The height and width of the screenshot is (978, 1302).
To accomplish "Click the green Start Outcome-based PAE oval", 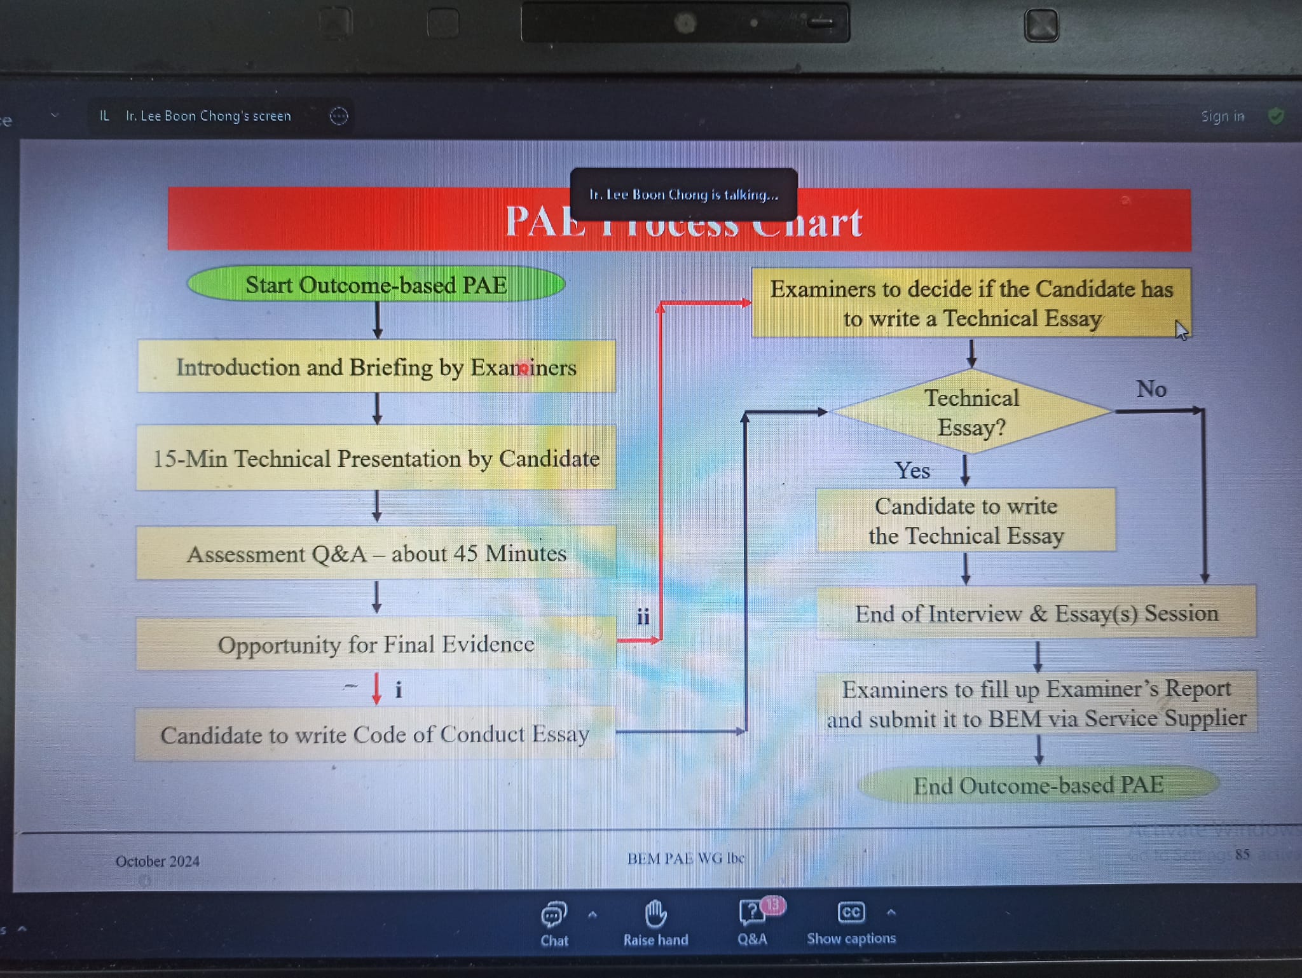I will [x=376, y=284].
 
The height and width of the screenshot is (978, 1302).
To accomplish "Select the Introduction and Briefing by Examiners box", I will [x=376, y=367].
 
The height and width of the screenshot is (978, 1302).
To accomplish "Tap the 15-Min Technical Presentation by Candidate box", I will [x=376, y=458].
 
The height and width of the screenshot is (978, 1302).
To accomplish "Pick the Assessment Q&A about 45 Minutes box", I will [x=376, y=553].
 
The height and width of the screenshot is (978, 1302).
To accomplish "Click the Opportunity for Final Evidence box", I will [x=376, y=644].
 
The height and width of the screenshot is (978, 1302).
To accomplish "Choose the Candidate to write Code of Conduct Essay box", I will [x=374, y=734].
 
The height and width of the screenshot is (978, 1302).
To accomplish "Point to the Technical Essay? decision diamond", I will [x=971, y=412].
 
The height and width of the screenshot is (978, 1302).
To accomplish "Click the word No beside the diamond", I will [x=1151, y=389].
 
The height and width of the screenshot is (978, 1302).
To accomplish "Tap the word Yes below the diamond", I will [x=912, y=471].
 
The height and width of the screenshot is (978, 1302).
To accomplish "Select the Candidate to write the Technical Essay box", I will [x=966, y=520].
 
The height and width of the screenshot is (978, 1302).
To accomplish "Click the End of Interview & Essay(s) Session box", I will [x=1036, y=613].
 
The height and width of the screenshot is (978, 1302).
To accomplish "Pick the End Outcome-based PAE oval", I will [x=1038, y=785].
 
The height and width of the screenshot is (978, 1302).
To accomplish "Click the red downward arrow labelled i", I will [x=376, y=689].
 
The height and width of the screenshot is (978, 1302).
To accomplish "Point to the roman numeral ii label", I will [x=643, y=616].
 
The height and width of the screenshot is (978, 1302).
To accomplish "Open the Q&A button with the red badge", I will [x=753, y=922].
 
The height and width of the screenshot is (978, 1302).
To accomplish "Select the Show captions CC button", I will [x=851, y=922].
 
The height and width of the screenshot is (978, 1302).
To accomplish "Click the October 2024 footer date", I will [x=158, y=861].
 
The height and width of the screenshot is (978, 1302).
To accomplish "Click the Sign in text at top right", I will [x=1222, y=116].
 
